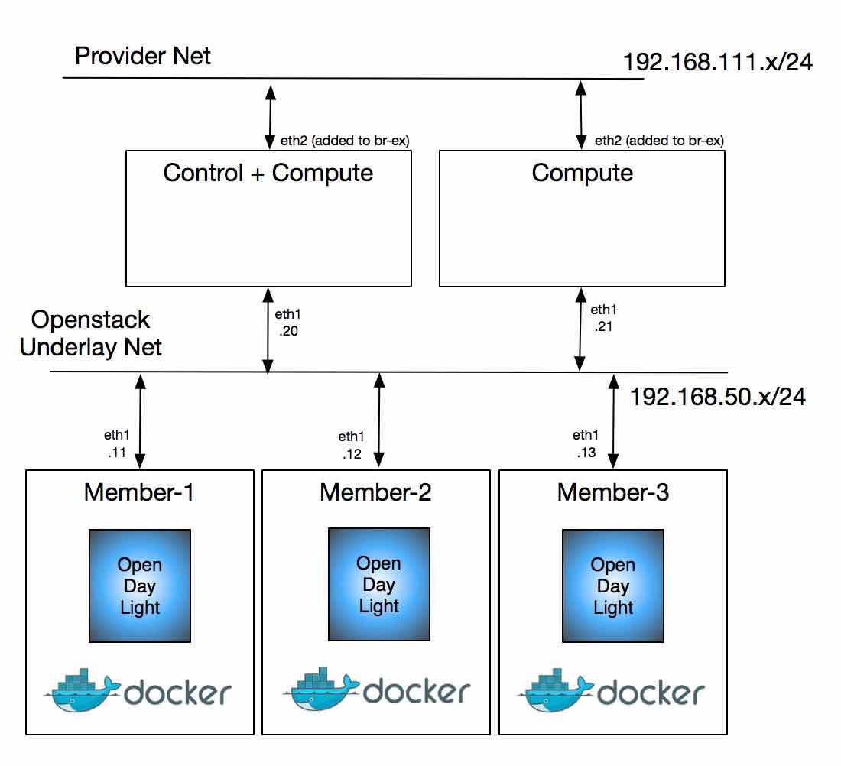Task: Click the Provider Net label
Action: tap(143, 56)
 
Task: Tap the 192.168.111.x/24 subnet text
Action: tap(717, 62)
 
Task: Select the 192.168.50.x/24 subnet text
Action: tap(717, 397)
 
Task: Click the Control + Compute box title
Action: tap(268, 173)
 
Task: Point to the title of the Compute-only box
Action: tap(582, 173)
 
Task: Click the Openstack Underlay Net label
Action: tap(91, 333)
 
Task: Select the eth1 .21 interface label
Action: tap(602, 318)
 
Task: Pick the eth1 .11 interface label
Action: tap(116, 443)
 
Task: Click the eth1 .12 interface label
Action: tap(351, 445)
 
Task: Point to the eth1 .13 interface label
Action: tap(586, 443)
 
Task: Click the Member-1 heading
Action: tap(139, 492)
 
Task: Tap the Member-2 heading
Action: tap(375, 492)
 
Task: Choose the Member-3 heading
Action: tap(612, 492)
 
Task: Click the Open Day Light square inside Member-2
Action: tap(378, 585)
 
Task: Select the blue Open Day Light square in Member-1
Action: tap(140, 586)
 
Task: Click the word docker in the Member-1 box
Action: tap(177, 693)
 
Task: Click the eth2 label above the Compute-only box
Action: tap(659, 141)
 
